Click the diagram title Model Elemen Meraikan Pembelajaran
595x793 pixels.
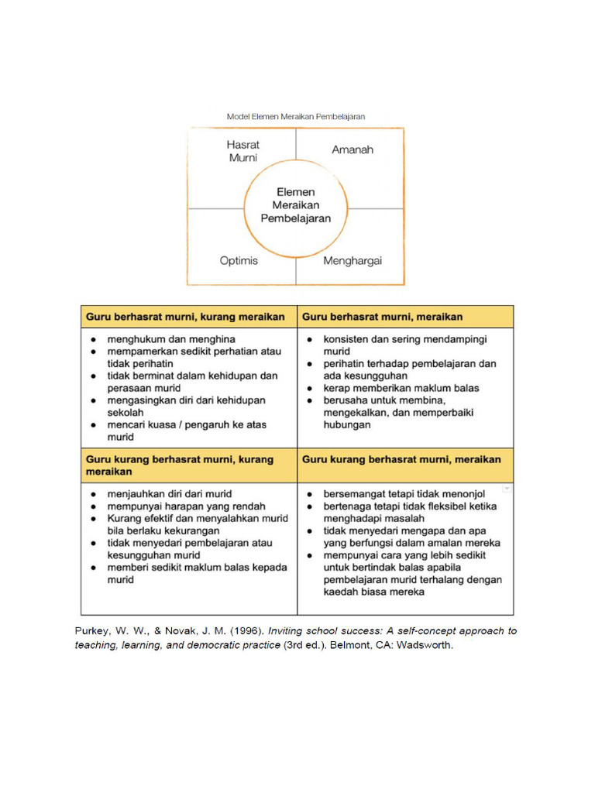tap(296, 116)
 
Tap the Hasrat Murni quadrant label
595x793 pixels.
tap(243, 151)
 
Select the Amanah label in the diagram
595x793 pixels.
tap(353, 149)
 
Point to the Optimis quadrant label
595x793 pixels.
tap(239, 261)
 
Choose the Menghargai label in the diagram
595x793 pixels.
tap(353, 261)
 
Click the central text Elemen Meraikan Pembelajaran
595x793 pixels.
tap(295, 204)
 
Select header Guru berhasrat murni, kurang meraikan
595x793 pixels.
tap(186, 317)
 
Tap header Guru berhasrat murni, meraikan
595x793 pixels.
tap(383, 317)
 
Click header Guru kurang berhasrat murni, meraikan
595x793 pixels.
tap(401, 459)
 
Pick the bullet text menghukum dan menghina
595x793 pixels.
tap(172, 339)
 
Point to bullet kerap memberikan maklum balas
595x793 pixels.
tap(401, 388)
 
